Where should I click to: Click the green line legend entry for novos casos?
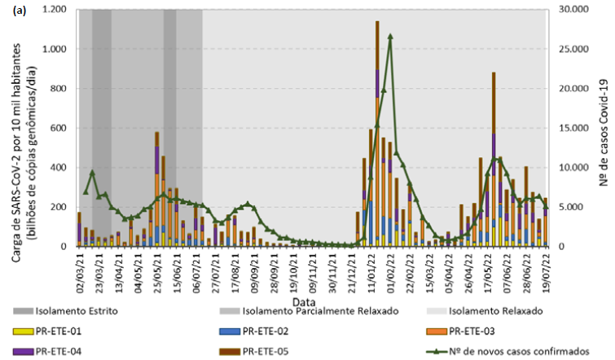tap(513, 351)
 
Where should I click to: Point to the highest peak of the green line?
tap(390, 36)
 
